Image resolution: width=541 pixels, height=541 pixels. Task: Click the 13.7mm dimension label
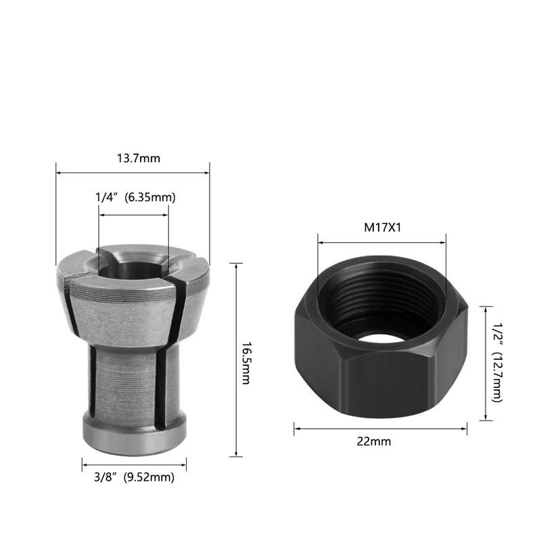pyautogui.click(x=139, y=158)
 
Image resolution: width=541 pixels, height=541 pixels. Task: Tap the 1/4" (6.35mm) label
pyautogui.click(x=135, y=197)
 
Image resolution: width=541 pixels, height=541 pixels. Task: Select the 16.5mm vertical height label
pyautogui.click(x=246, y=363)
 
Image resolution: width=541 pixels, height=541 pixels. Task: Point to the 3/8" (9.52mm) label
pyautogui.click(x=134, y=477)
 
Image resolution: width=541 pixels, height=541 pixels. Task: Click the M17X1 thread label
pyautogui.click(x=383, y=228)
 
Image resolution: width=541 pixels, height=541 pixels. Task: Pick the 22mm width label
pyautogui.click(x=374, y=442)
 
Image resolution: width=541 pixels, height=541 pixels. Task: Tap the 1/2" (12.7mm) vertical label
pyautogui.click(x=497, y=362)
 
